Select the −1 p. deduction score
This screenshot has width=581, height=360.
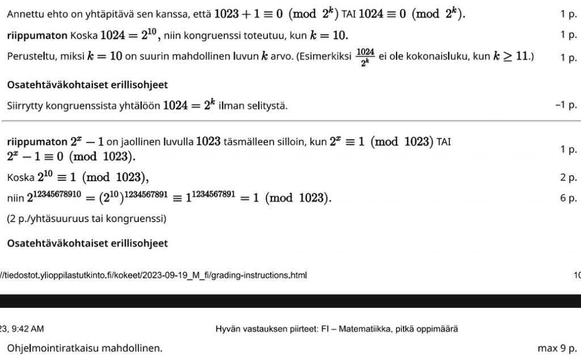pyautogui.click(x=565, y=106)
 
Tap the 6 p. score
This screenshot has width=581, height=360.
pyautogui.click(x=568, y=198)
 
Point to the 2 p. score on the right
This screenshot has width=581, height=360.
pyautogui.click(x=568, y=178)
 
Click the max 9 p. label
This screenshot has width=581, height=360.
pyautogui.click(x=557, y=348)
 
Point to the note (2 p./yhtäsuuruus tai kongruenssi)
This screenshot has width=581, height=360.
pyautogui.click(x=86, y=219)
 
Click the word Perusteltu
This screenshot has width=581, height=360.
pyautogui.click(x=29, y=57)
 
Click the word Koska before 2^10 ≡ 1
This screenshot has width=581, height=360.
pyautogui.click(x=20, y=178)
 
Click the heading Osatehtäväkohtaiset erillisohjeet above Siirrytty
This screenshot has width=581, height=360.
pyautogui.click(x=87, y=85)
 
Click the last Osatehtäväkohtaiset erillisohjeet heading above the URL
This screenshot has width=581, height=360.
pyautogui.click(x=87, y=243)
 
